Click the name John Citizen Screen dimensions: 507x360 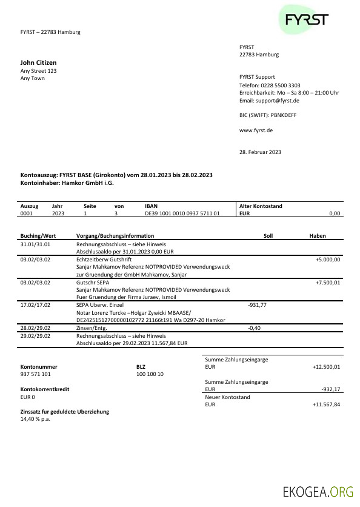[x=38, y=62]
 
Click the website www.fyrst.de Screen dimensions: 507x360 [x=256, y=130]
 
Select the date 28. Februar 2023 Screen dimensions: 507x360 [x=260, y=152]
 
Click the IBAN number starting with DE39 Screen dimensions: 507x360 [x=182, y=213]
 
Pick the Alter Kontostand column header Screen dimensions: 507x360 [x=261, y=206]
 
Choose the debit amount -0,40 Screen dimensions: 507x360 [x=254, y=327]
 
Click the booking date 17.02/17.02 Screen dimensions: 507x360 [x=35, y=305]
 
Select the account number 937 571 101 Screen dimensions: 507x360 [x=36, y=374]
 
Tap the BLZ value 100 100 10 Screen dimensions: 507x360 [x=150, y=374]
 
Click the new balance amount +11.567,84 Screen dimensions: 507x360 [x=326, y=404]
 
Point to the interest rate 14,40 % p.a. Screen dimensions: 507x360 [x=37, y=418]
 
